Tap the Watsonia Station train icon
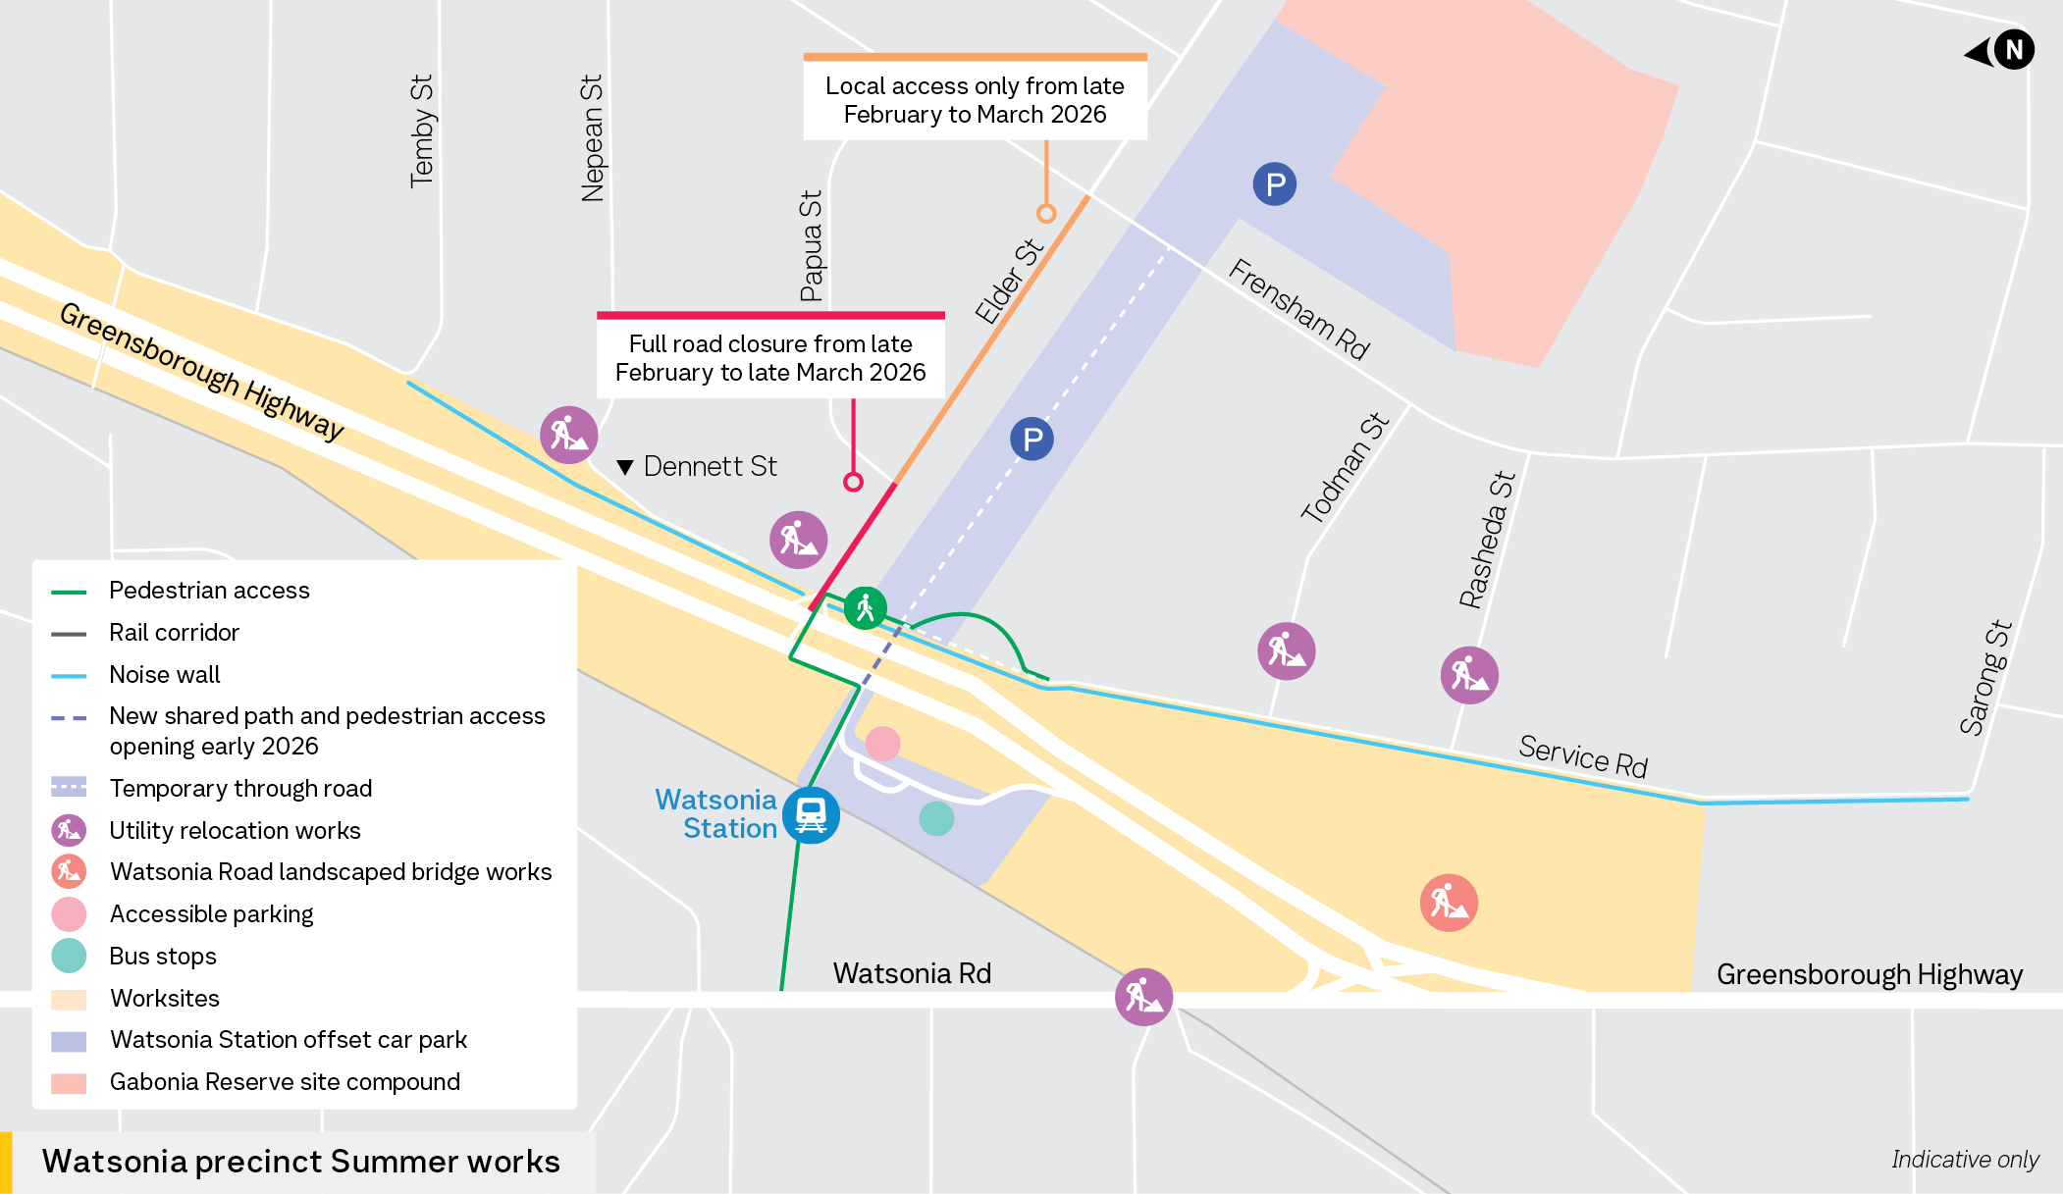(x=811, y=814)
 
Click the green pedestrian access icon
(x=865, y=608)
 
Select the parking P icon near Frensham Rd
(x=1274, y=184)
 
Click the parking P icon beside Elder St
(x=1031, y=439)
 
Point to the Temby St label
(x=421, y=130)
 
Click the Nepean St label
(x=592, y=138)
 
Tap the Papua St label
(x=811, y=245)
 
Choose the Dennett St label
(x=709, y=466)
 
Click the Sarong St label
(x=1984, y=677)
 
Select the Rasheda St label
(x=1487, y=540)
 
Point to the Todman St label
(x=1345, y=467)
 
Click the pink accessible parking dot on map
(x=882, y=744)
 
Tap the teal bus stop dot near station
(x=936, y=818)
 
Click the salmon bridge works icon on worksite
(x=1449, y=903)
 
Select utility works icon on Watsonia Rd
(x=1143, y=997)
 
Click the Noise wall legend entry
(x=164, y=674)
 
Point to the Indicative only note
(x=1964, y=1160)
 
